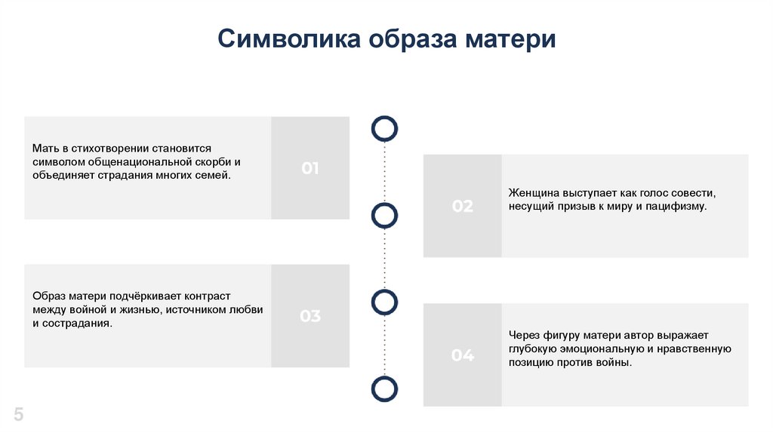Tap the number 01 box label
click(x=310, y=168)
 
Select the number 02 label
click(x=463, y=206)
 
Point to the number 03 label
click(x=310, y=316)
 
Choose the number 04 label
click(x=463, y=355)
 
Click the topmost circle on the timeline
click(x=385, y=129)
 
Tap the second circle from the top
click(x=385, y=216)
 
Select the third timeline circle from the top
click(x=385, y=302)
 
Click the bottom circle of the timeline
click(x=385, y=388)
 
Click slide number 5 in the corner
click(x=18, y=414)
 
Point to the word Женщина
click(x=533, y=193)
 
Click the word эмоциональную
click(x=602, y=349)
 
